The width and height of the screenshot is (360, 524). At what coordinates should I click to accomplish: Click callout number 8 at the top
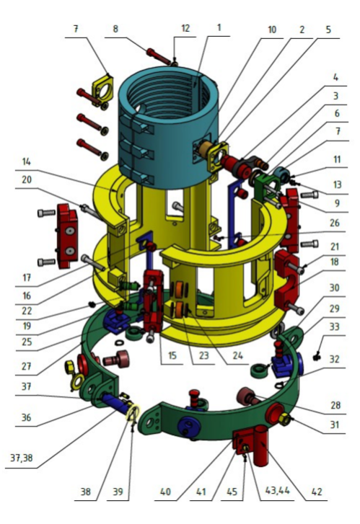point(115,29)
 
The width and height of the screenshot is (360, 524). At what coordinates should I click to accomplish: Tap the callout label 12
point(185,27)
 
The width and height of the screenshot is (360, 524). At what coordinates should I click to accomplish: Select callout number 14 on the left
point(27,161)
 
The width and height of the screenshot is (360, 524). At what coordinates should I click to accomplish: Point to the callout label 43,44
point(277,491)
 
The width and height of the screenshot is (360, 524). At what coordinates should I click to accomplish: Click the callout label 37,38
point(22,458)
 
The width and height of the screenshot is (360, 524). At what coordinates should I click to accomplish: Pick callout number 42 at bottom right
point(317,492)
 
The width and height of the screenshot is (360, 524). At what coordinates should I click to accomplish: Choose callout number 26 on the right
point(335,223)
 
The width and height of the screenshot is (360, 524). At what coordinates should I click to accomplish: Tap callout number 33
point(335,327)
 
